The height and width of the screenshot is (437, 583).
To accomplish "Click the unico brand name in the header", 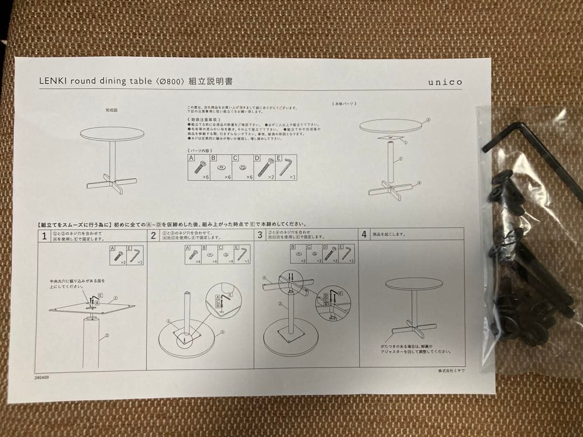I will pyautogui.click(x=445, y=82).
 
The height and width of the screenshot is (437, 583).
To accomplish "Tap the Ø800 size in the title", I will pyautogui.click(x=170, y=81).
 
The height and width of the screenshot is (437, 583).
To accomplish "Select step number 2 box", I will pyautogui.click(x=153, y=235).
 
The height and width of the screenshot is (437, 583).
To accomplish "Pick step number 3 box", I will pyautogui.click(x=260, y=235).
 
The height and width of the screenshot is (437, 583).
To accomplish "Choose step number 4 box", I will pyautogui.click(x=364, y=235).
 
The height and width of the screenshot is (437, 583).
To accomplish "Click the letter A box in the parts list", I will pyautogui.click(x=191, y=158).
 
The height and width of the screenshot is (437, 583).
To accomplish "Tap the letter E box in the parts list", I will pyautogui.click(x=279, y=158).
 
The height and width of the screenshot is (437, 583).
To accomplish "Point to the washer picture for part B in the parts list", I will pyautogui.click(x=221, y=168).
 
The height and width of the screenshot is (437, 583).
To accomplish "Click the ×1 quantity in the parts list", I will pyautogui.click(x=293, y=177).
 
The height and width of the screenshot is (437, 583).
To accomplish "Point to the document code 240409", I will pyautogui.click(x=42, y=377).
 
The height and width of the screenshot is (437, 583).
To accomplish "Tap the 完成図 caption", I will pyautogui.click(x=111, y=110).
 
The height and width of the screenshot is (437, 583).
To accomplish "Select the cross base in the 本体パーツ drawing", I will pyautogui.click(x=391, y=189).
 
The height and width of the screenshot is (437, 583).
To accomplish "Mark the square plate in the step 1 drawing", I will pyautogui.click(x=92, y=309).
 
